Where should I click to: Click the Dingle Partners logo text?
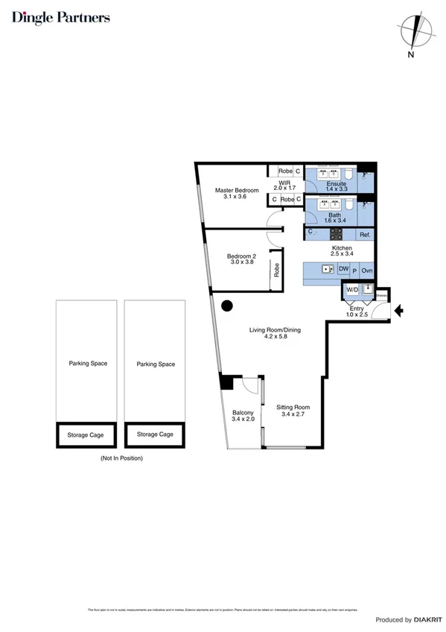coord(61,17)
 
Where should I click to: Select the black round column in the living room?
coord(228,305)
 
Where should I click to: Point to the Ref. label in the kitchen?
coord(365,235)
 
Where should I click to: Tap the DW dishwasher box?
coord(343,269)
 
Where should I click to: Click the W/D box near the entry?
coord(351,290)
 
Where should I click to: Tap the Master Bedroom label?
coord(237,191)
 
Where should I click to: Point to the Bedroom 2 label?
coord(241,256)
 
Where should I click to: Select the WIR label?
coord(284,183)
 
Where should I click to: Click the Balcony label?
coord(243,413)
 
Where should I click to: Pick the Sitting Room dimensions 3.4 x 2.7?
coord(293,415)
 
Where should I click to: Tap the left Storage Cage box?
coord(86,434)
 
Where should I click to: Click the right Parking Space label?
coord(156,364)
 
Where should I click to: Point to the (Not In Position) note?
coord(121,458)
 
